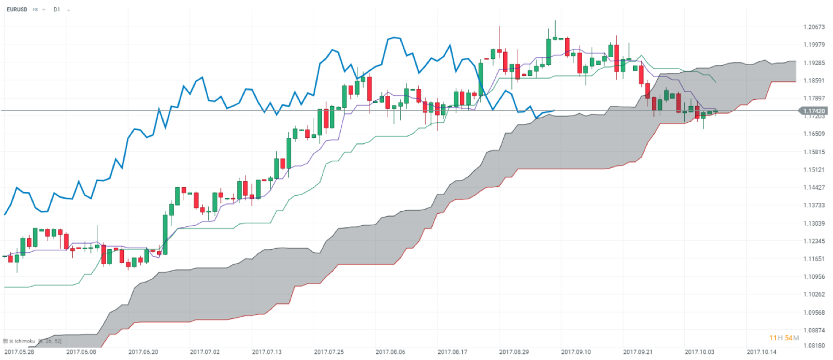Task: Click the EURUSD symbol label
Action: point(17,9)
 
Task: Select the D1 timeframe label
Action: point(57,9)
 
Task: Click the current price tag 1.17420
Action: point(814,111)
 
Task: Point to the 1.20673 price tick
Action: point(814,27)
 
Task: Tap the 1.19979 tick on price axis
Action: point(814,45)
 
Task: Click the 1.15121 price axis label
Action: point(814,170)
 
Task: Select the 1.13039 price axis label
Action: point(814,223)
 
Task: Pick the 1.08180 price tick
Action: point(814,345)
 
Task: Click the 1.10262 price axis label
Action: point(814,294)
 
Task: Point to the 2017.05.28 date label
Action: point(19,352)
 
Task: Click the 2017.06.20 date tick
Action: point(143,352)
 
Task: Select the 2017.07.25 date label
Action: point(329,352)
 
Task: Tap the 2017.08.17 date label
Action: point(452,352)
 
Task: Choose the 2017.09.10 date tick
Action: point(576,352)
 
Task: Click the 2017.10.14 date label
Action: point(761,352)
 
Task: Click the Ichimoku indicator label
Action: point(25,341)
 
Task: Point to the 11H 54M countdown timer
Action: point(784,338)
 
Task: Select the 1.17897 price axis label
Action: point(814,98)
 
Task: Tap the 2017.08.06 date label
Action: point(390,352)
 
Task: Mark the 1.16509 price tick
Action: point(814,134)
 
